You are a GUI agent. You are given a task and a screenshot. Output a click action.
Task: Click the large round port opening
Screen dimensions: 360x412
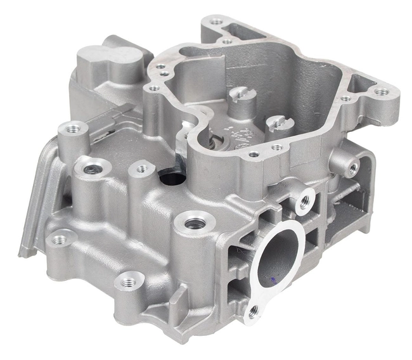276,256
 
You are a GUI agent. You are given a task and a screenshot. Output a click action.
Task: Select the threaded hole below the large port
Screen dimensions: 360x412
255,311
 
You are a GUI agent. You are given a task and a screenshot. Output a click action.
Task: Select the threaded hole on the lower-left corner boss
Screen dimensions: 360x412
60,239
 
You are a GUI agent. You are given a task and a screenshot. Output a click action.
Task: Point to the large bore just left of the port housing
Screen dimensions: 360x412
194,224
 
